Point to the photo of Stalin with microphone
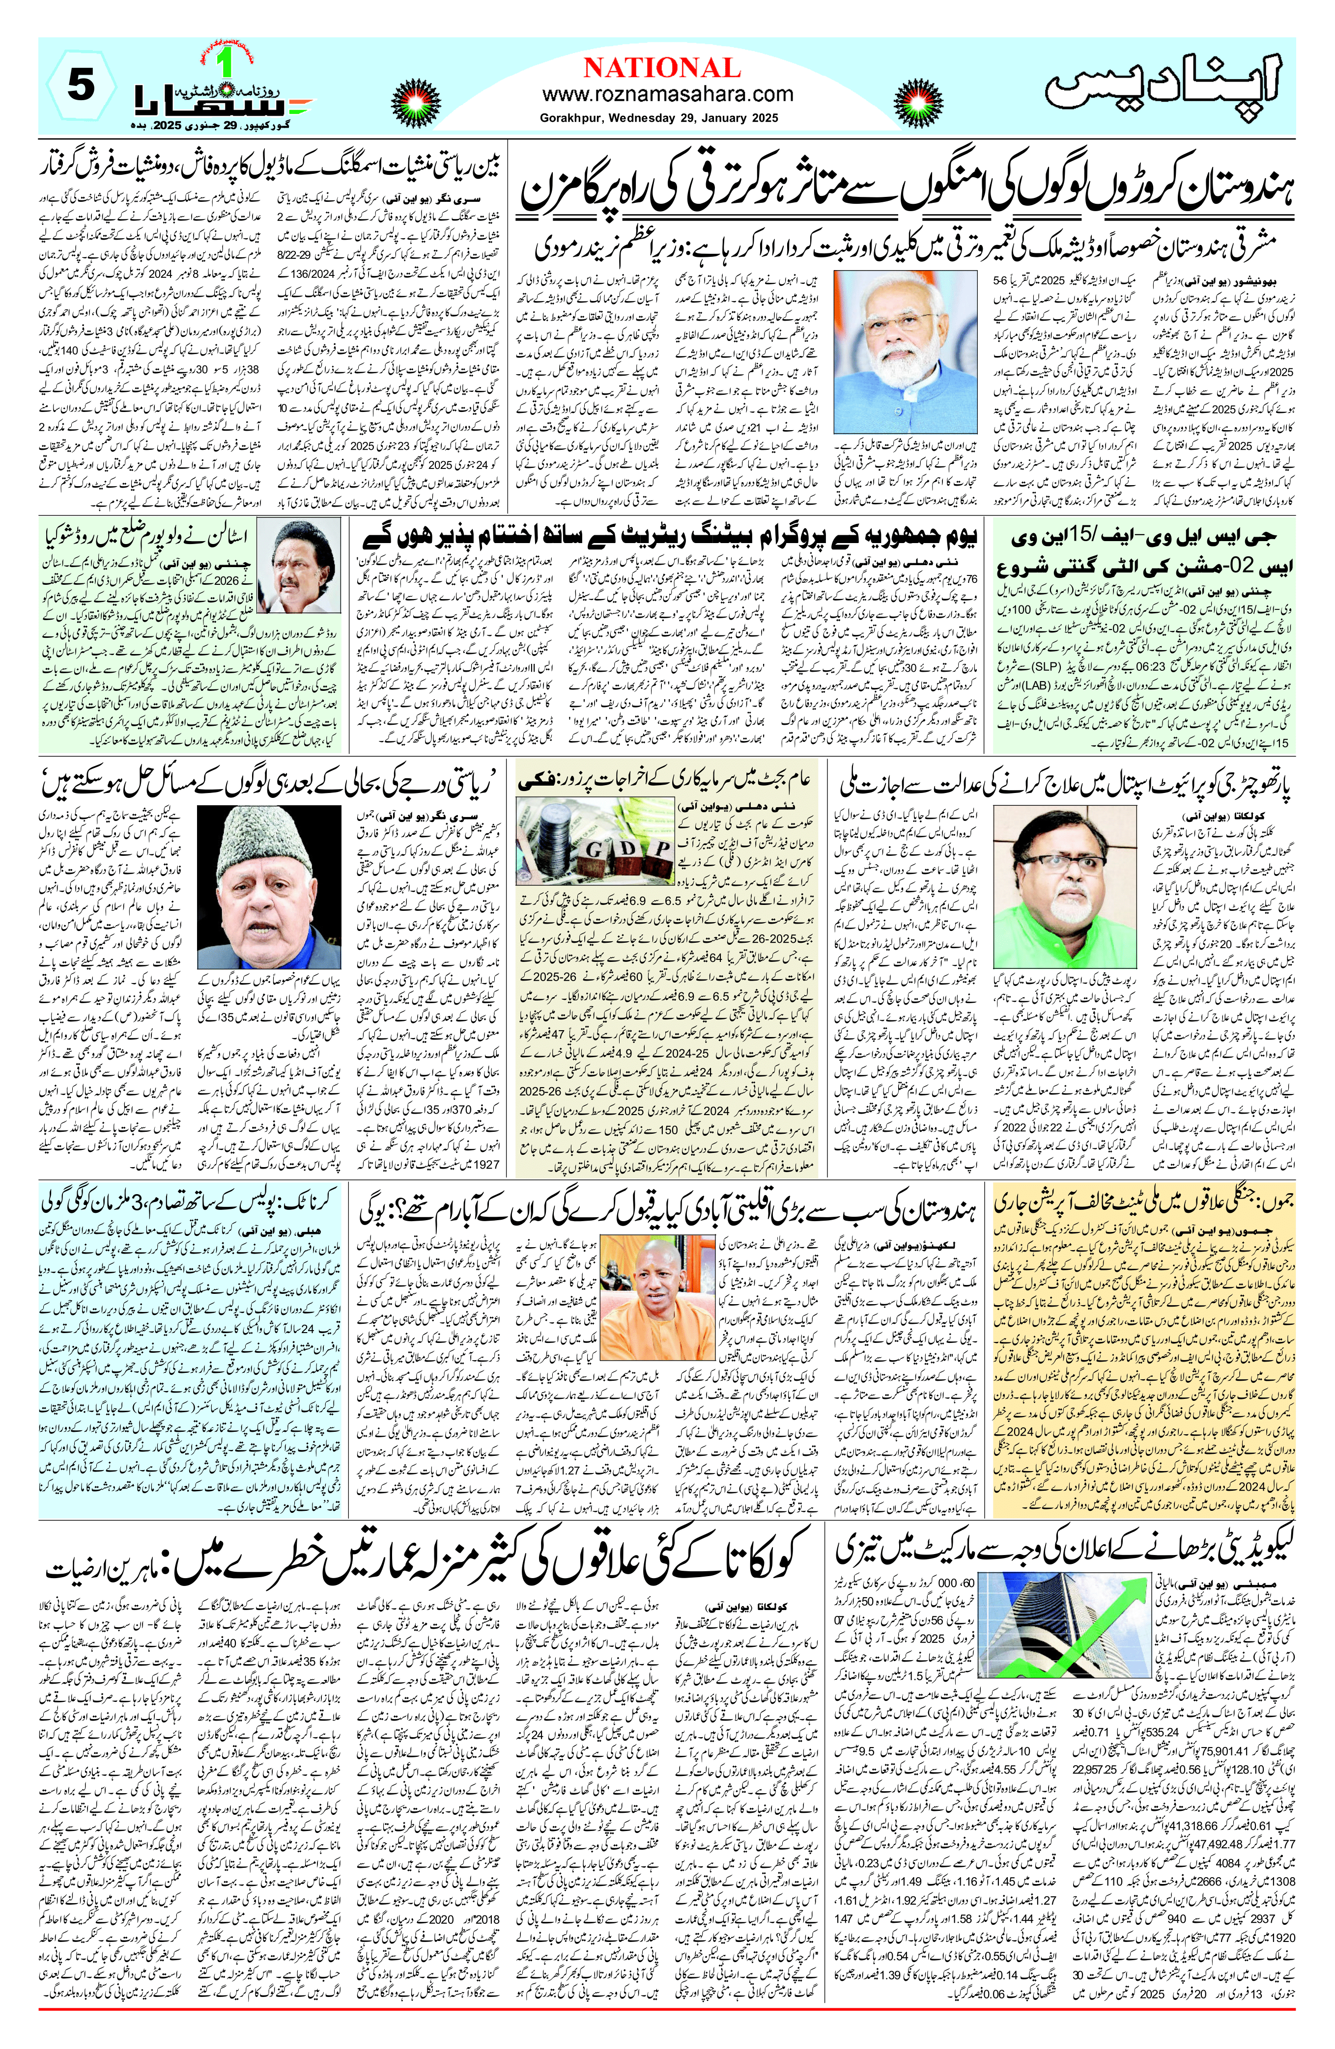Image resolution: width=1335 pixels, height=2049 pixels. pos(305,563)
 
